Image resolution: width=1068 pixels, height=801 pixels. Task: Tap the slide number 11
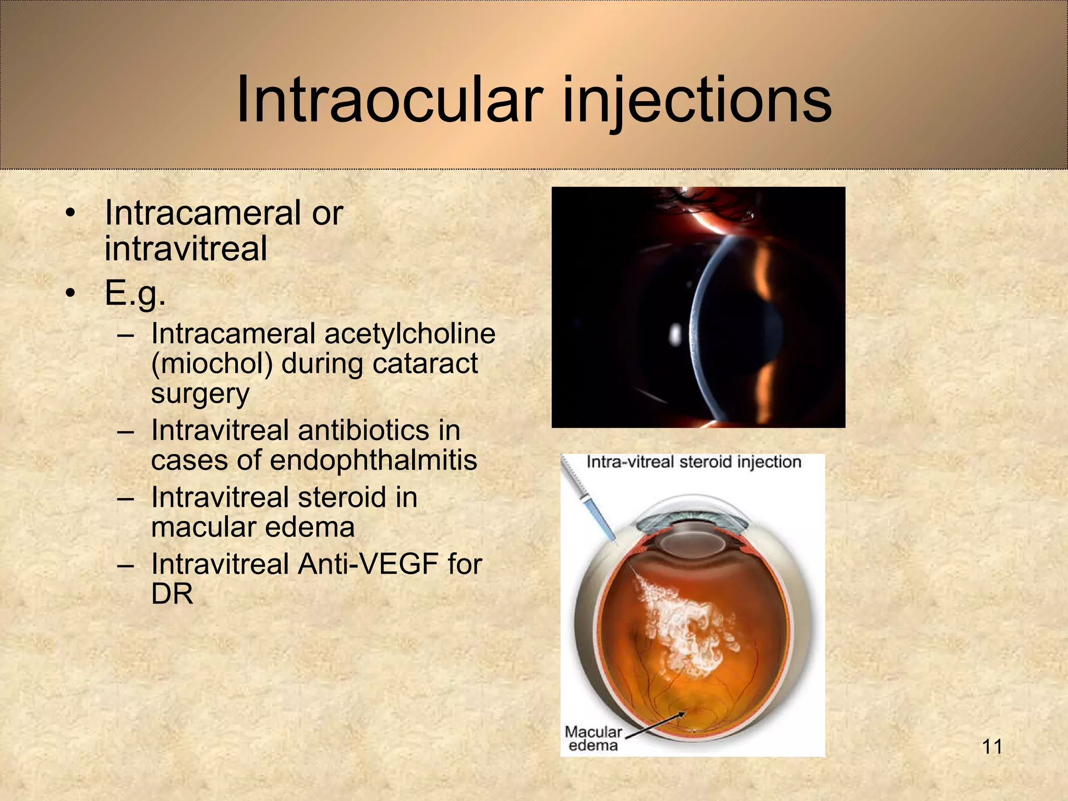[x=992, y=747]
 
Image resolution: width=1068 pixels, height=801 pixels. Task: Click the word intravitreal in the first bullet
[x=186, y=248]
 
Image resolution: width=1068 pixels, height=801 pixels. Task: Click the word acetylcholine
[x=409, y=334]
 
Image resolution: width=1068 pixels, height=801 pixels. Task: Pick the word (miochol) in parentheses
[x=212, y=363]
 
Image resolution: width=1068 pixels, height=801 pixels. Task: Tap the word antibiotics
[x=363, y=430]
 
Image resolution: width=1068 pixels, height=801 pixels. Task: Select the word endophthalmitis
[x=373, y=460]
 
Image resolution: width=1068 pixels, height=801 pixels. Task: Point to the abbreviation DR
[x=172, y=594]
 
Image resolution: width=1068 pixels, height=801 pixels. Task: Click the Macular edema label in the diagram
[x=593, y=738]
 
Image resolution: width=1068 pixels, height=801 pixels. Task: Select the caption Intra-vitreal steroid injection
[x=694, y=462]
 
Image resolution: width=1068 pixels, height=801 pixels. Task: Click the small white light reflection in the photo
[x=674, y=334]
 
